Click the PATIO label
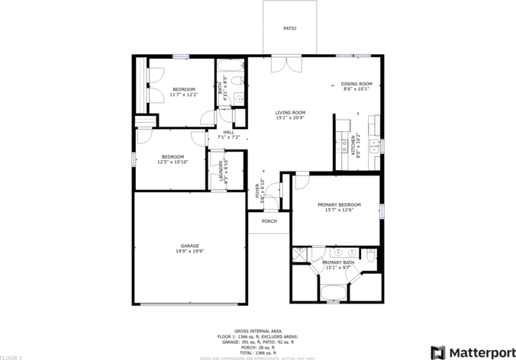[289, 28]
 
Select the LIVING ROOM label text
[290, 112]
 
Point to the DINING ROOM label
[356, 84]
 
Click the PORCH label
[269, 221]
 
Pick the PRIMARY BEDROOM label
[339, 204]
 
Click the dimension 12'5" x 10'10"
[173, 162]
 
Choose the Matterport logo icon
[439, 352]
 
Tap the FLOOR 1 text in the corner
[11, 356]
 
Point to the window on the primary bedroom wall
[382, 210]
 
